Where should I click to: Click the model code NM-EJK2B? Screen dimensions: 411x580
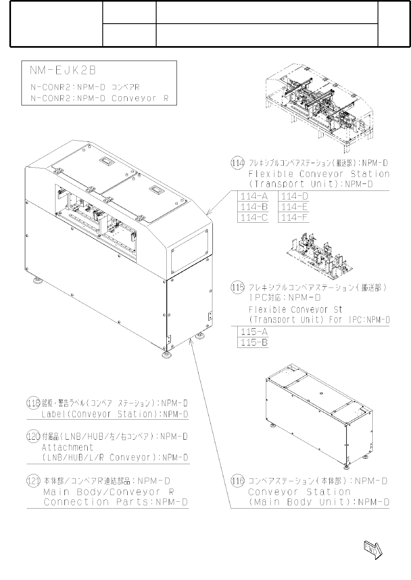pyautogui.click(x=63, y=71)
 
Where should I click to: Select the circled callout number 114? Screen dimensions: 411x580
pyautogui.click(x=238, y=163)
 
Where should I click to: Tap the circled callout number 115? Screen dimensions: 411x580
pyautogui.click(x=238, y=288)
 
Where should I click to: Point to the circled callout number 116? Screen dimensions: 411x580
pyautogui.click(x=238, y=481)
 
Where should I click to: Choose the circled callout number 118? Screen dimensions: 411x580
pyautogui.click(x=33, y=403)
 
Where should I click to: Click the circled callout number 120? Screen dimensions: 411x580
pyautogui.click(x=33, y=436)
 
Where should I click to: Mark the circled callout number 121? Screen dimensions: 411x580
pyautogui.click(x=33, y=481)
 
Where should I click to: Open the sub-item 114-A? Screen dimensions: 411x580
pyautogui.click(x=254, y=197)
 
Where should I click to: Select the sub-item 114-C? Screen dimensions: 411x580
pyautogui.click(x=254, y=217)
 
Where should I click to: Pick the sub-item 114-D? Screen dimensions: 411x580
pyautogui.click(x=294, y=197)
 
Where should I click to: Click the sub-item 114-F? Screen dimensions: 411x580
pyautogui.click(x=294, y=217)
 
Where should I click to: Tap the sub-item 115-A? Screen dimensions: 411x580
pyautogui.click(x=254, y=332)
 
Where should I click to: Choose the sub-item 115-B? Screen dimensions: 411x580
pyautogui.click(x=254, y=342)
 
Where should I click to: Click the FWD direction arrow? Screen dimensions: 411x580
pyautogui.click(x=373, y=549)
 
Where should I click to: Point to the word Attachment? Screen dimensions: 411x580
pyautogui.click(x=68, y=447)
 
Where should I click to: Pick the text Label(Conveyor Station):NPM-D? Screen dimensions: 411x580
pyautogui.click(x=115, y=414)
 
